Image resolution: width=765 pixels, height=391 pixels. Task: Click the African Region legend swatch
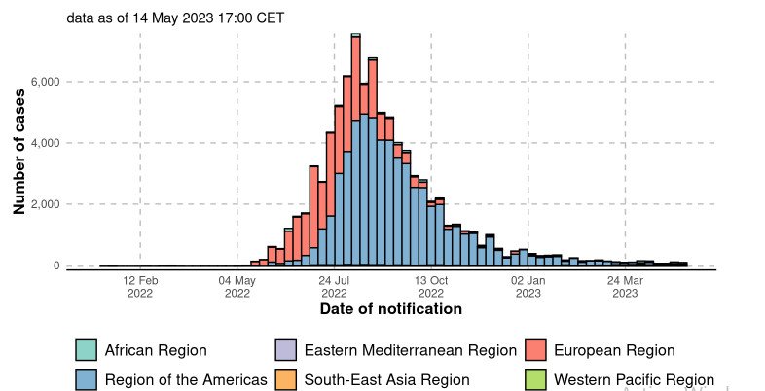[x=88, y=350]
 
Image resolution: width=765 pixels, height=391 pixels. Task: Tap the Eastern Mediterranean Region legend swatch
[x=287, y=350]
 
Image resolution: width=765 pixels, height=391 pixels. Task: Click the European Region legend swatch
[x=536, y=350]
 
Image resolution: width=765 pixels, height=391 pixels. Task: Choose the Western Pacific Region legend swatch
[x=536, y=380]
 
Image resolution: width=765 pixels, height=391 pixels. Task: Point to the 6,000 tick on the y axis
[x=44, y=82]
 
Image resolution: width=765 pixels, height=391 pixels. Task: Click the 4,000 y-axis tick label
[x=44, y=143]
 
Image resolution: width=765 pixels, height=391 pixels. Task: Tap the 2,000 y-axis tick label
[x=44, y=204]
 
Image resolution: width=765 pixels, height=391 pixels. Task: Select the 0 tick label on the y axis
[x=55, y=266]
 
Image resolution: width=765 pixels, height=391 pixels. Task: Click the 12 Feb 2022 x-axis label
[x=140, y=286]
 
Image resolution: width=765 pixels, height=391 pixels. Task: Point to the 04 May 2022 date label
[x=237, y=286]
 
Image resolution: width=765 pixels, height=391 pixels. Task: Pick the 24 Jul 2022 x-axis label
[x=334, y=286]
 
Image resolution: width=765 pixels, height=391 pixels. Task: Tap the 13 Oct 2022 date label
[x=431, y=286]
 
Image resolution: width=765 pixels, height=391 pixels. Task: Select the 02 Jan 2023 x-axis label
[x=528, y=286]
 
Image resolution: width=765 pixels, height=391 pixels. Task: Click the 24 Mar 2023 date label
[x=626, y=286]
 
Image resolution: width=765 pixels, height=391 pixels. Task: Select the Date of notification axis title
[x=390, y=309]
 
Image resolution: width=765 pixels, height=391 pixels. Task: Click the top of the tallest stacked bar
[x=355, y=35]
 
